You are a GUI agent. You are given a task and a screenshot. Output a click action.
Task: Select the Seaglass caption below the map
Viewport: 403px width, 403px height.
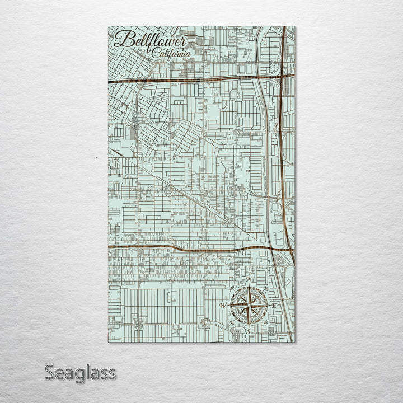click(80, 372)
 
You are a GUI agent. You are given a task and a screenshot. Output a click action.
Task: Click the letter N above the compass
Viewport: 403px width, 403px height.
click(250, 280)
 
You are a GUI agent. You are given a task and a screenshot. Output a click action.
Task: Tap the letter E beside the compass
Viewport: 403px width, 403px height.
click(274, 306)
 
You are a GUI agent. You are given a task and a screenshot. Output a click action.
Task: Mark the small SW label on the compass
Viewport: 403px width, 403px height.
click(232, 322)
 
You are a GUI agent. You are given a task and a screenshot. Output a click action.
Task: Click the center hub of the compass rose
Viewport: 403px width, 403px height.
click(248, 305)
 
